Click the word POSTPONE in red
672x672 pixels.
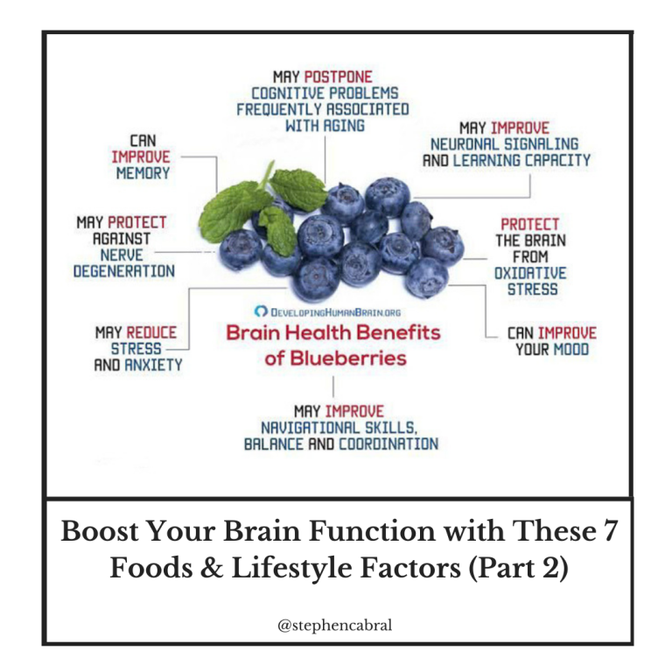pos(338,77)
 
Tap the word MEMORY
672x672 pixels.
pos(143,173)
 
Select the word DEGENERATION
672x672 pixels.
pos(124,271)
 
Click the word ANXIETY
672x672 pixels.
pos(153,365)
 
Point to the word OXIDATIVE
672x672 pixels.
pos(530,273)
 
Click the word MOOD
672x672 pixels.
pos(571,350)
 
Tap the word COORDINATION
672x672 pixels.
pos(388,444)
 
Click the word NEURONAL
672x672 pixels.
pos(465,144)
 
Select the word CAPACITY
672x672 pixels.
pos(557,161)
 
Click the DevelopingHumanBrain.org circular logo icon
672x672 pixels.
pos(261,311)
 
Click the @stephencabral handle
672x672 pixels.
pos(335,626)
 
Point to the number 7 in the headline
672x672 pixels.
pos(610,530)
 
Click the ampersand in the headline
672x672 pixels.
pos(212,568)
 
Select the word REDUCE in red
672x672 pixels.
pos(151,332)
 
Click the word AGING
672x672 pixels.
pos(344,126)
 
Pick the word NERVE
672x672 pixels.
pos(122,255)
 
